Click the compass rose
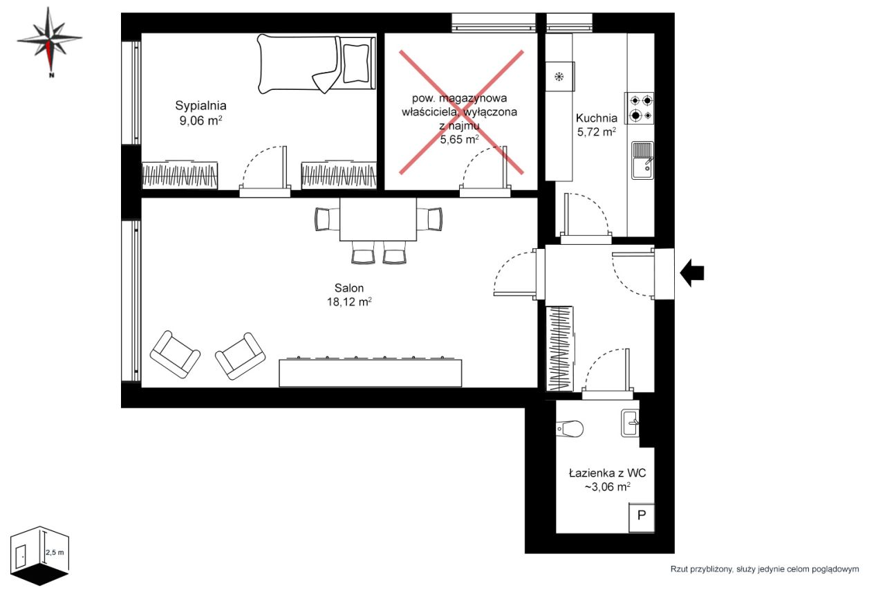(x=49, y=42)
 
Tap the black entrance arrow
(x=692, y=273)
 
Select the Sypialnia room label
(x=201, y=106)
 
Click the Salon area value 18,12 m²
(x=349, y=302)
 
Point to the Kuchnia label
(x=597, y=118)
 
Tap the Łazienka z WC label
(x=607, y=473)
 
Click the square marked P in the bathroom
(x=642, y=517)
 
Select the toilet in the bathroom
(x=570, y=428)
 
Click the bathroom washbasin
(x=630, y=423)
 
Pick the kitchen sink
(x=642, y=160)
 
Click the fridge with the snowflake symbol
(x=560, y=77)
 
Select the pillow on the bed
(x=356, y=63)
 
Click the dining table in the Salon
(x=378, y=219)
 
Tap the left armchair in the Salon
(x=175, y=354)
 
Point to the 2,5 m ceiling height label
(x=55, y=553)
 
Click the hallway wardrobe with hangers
(x=559, y=349)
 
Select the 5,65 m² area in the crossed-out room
(x=460, y=139)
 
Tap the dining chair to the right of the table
(x=430, y=219)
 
